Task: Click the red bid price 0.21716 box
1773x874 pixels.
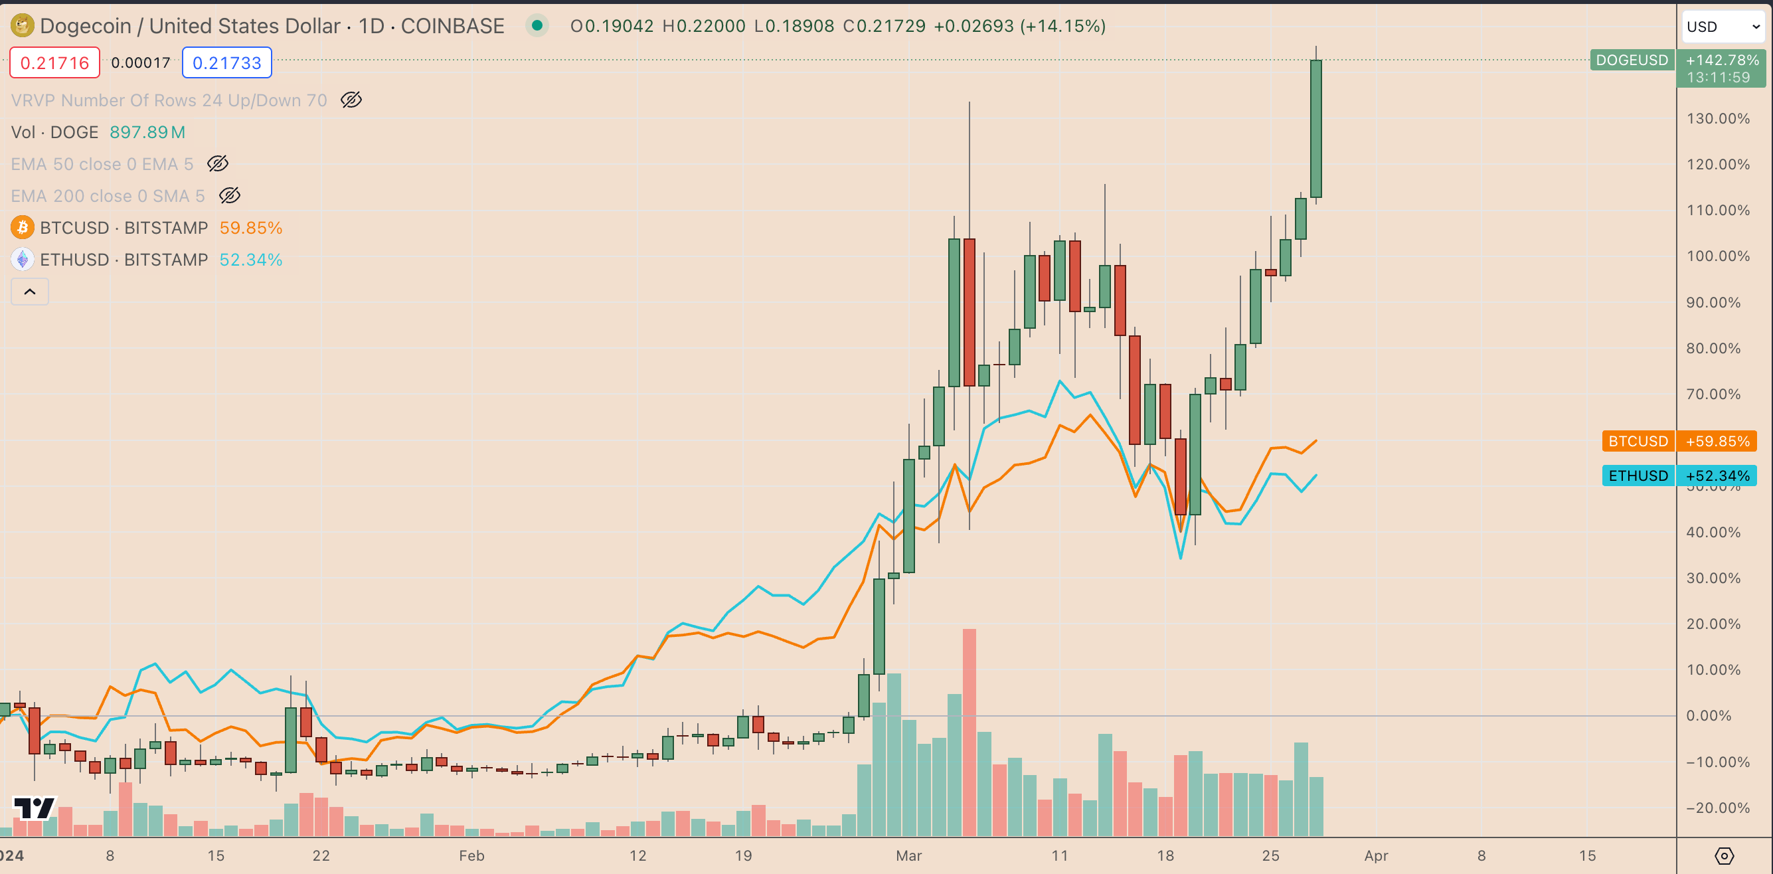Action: (54, 62)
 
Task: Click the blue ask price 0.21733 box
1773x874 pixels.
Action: (226, 62)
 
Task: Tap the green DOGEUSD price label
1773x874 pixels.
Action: (1631, 60)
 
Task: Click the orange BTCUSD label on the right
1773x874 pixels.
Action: (1638, 441)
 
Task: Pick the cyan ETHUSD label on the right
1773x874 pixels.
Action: (1638, 476)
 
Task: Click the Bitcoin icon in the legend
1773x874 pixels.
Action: (22, 228)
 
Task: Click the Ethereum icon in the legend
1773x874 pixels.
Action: (22, 260)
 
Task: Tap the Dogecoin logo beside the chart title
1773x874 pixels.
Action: (22, 25)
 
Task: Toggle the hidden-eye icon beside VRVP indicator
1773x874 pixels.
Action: (351, 100)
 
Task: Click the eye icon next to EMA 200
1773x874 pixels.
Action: (229, 195)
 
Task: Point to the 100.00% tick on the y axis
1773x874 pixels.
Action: (1717, 256)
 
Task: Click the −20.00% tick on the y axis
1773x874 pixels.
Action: (1717, 808)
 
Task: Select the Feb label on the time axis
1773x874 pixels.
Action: (471, 855)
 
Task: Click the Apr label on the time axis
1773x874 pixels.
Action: (1375, 855)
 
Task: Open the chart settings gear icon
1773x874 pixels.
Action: (1723, 855)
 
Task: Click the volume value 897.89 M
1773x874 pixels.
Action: (147, 132)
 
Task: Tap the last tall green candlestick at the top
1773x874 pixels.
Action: (1316, 129)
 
